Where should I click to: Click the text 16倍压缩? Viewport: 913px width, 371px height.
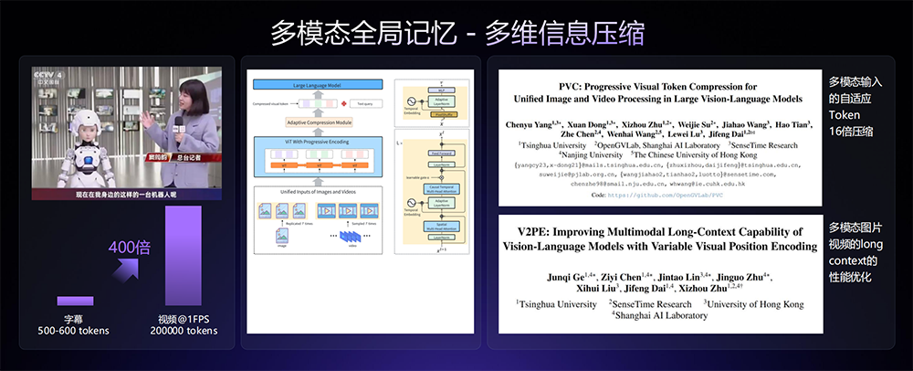click(x=851, y=132)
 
